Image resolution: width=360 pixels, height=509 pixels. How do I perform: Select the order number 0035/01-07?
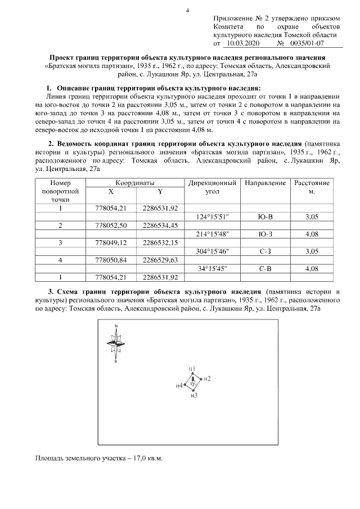tap(309, 43)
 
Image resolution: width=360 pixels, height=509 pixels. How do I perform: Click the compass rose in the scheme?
tap(116, 343)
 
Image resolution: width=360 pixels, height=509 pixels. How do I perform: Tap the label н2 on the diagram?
tap(207, 379)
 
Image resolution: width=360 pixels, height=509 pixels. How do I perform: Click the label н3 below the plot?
tap(193, 396)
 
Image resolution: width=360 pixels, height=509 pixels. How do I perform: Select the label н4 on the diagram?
tap(179, 386)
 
